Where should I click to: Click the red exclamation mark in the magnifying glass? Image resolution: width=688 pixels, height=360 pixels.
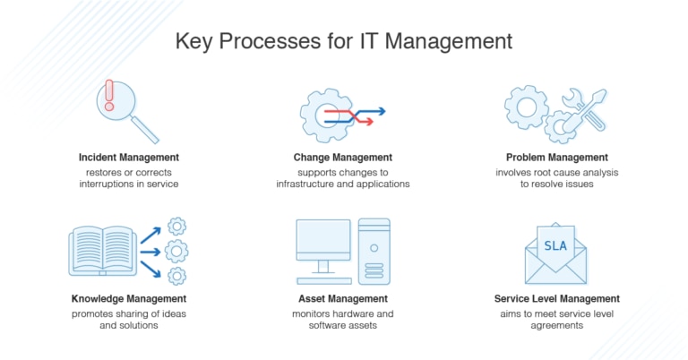(109, 95)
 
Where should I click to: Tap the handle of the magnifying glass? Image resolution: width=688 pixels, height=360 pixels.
(145, 129)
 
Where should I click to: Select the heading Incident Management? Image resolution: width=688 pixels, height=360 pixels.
(129, 158)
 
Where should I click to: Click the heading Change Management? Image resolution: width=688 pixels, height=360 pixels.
(343, 158)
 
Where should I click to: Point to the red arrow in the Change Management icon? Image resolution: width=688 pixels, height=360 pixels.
(348, 116)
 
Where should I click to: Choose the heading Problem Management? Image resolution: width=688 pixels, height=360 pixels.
(557, 158)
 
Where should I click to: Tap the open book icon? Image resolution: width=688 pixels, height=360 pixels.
(103, 251)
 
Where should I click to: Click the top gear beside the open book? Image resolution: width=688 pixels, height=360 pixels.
(176, 227)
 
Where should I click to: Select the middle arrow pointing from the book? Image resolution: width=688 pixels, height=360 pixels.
(150, 253)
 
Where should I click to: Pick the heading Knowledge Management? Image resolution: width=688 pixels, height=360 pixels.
(129, 298)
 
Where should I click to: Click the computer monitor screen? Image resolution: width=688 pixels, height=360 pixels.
(323, 240)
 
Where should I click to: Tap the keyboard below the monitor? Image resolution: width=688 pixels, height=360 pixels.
(324, 280)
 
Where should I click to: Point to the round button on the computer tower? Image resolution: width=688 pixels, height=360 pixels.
(374, 248)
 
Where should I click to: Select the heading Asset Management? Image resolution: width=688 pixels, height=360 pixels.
(343, 298)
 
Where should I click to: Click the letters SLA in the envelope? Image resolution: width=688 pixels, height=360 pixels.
(555, 245)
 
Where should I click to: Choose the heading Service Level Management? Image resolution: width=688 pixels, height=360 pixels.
(557, 298)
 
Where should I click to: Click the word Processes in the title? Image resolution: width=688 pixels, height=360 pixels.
(270, 41)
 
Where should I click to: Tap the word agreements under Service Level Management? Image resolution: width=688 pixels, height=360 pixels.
(557, 326)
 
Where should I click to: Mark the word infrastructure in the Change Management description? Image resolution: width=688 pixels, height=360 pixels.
(304, 184)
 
